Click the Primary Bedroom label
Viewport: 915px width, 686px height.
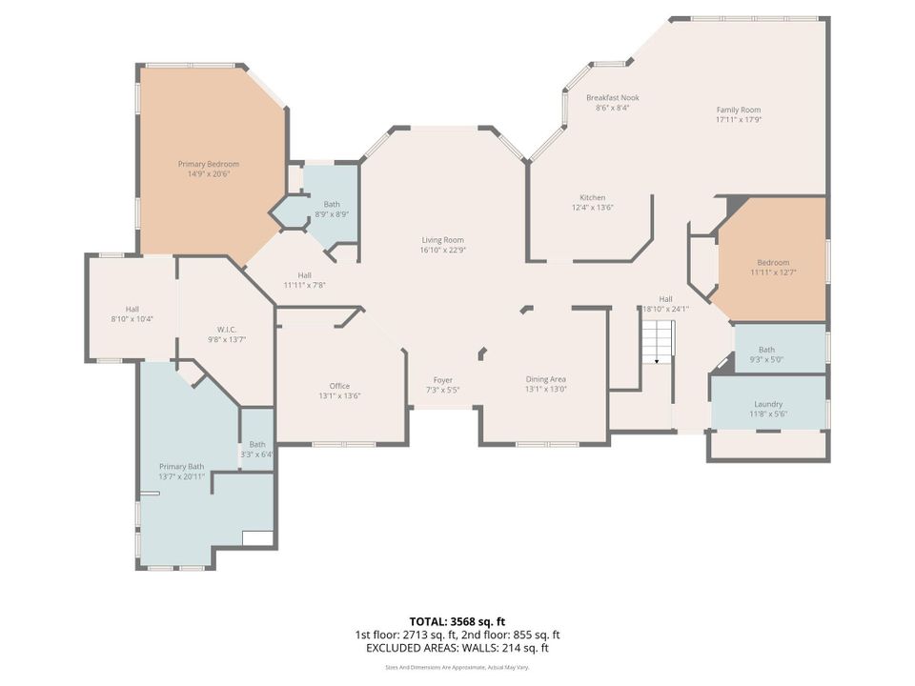[x=209, y=164]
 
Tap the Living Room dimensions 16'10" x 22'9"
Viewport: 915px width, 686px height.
[x=443, y=251]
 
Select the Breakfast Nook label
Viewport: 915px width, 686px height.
[x=613, y=98]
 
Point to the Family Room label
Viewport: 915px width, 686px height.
[x=739, y=110]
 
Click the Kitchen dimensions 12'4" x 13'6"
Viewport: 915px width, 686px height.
[x=592, y=207]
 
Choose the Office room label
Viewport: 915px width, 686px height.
[x=339, y=386]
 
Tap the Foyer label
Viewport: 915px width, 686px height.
[x=443, y=380]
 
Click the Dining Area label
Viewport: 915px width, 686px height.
[x=545, y=379]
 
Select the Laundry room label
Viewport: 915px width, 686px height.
[x=768, y=404]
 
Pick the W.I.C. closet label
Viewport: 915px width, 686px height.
[x=227, y=330]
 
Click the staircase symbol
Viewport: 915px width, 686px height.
[x=659, y=342]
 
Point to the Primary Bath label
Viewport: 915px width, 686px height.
[x=181, y=467]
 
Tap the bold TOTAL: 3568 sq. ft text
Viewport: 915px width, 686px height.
[x=457, y=621]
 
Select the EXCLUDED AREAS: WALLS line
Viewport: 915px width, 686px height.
[x=457, y=648]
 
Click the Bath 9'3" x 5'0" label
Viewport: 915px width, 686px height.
[x=766, y=354]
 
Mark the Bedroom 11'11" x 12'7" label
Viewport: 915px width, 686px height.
[x=773, y=267]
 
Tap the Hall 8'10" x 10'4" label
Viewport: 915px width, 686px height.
[x=132, y=313]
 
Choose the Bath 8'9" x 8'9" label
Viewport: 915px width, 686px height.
[x=332, y=209]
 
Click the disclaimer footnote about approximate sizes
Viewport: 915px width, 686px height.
[x=457, y=667]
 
